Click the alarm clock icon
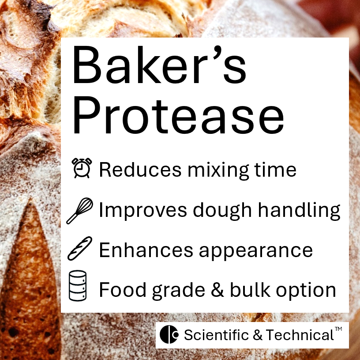pos(81,168)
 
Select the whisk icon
pos(80,210)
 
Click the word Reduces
pos(132,169)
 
